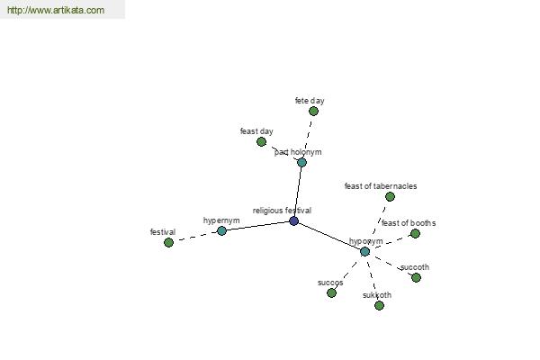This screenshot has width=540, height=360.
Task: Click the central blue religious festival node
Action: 293,220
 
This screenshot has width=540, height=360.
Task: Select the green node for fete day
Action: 313,111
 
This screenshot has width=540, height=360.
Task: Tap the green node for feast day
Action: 261,141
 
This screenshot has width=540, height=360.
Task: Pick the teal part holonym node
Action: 301,162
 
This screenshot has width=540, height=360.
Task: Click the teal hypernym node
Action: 221,230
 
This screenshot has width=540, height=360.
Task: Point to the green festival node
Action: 168,242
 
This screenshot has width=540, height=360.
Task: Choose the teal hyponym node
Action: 364,251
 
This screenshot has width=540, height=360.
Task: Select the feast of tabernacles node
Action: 390,196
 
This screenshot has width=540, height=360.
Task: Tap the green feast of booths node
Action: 415,233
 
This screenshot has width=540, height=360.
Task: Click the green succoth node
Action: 416,277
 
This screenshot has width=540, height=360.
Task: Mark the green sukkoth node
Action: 379,305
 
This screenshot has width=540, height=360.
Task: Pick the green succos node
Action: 331,292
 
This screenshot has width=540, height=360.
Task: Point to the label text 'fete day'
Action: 309,100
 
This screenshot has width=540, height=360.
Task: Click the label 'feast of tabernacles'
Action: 380,186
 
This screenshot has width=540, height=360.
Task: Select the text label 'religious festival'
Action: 282,210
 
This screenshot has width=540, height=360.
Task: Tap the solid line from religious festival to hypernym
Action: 257,226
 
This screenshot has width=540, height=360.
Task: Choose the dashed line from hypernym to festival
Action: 194,236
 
